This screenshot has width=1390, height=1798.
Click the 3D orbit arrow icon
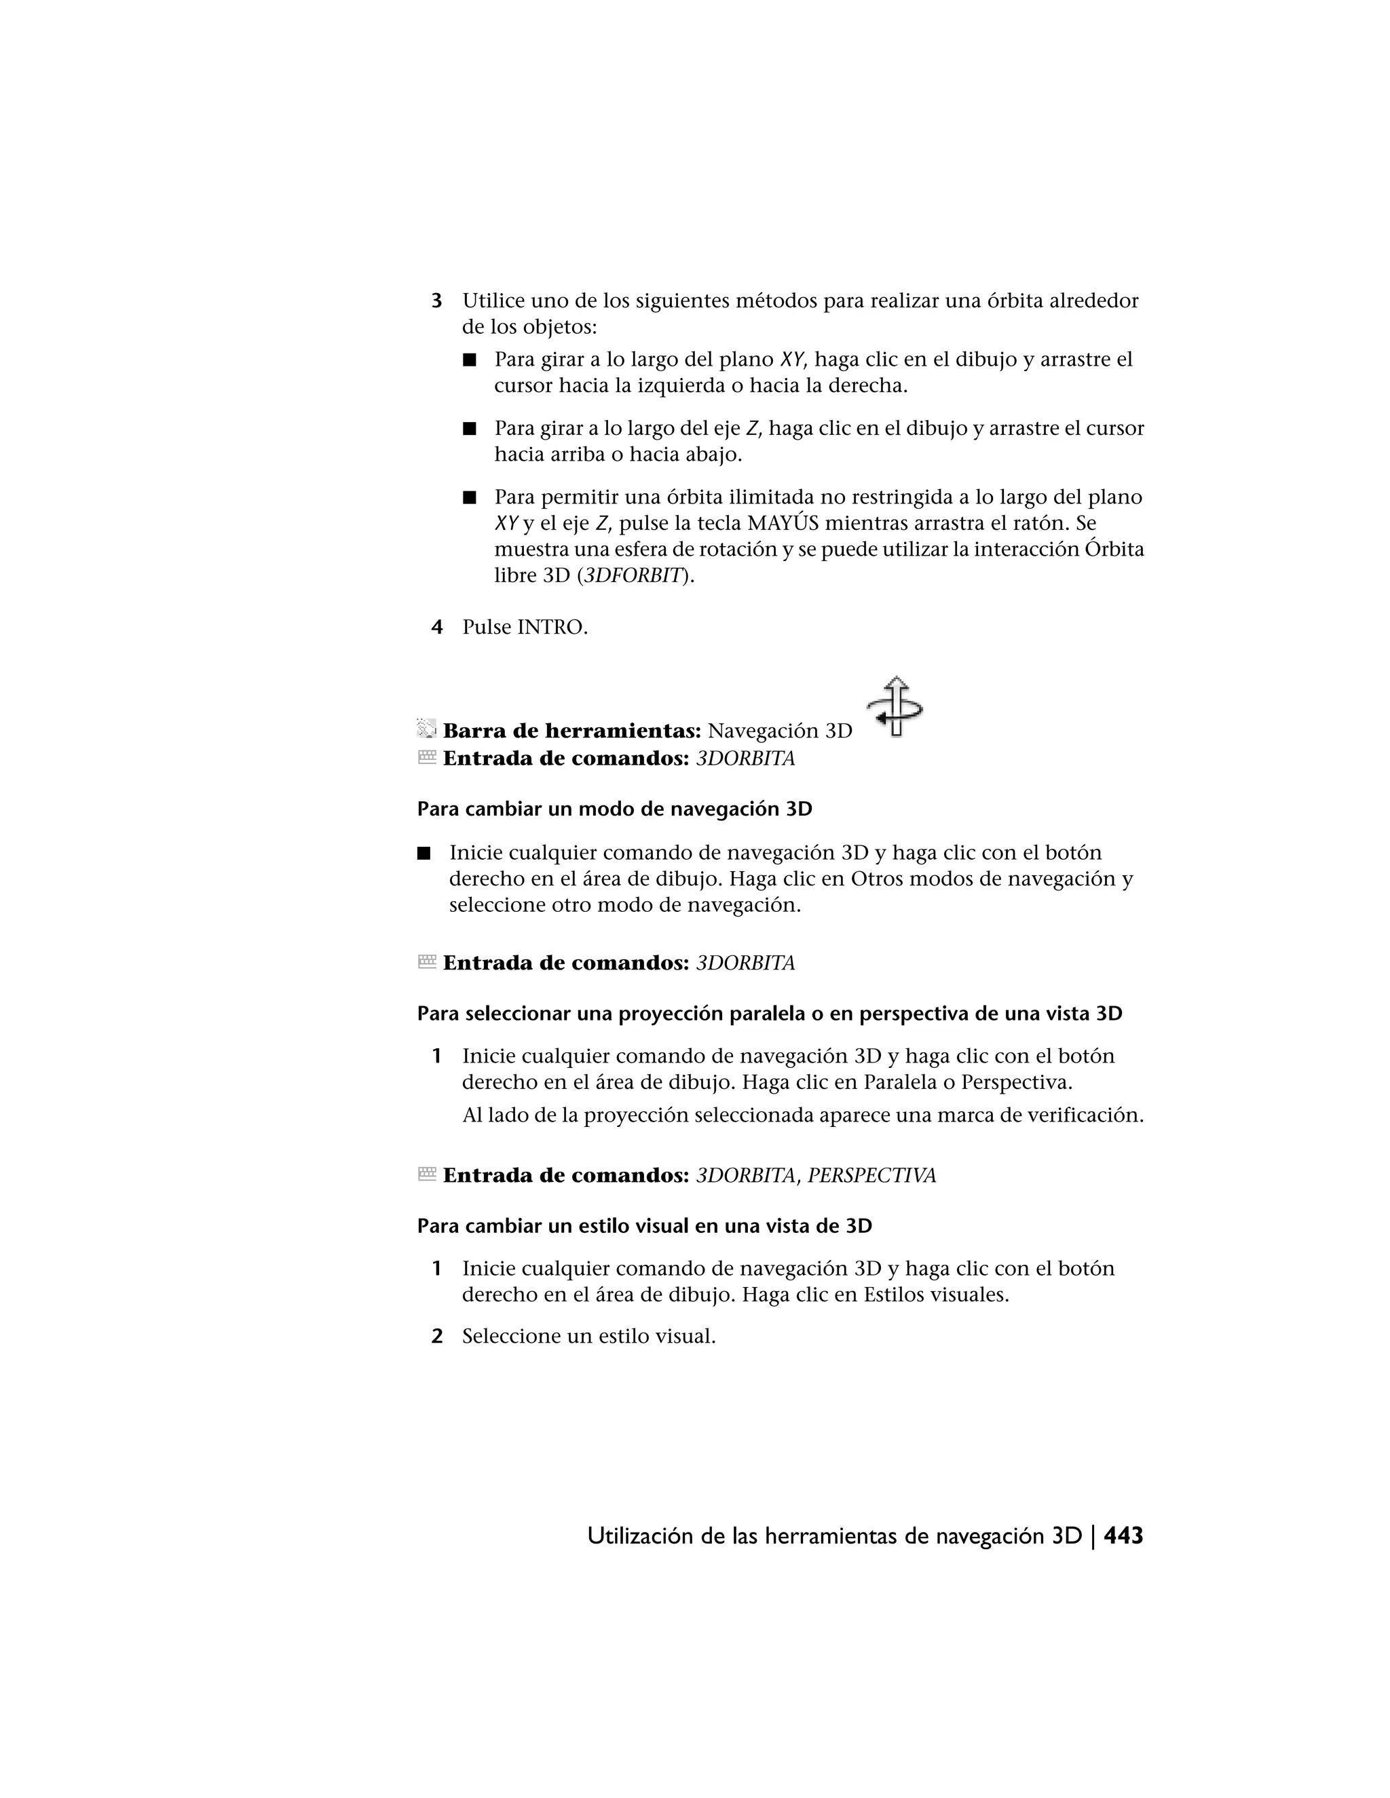pyautogui.click(x=895, y=706)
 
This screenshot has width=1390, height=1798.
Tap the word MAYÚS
pyautogui.click(x=783, y=524)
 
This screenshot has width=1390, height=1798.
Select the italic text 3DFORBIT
pyautogui.click(x=634, y=575)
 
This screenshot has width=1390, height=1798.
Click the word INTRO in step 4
pyautogui.click(x=551, y=628)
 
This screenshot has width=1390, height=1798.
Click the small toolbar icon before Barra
pyautogui.click(x=426, y=729)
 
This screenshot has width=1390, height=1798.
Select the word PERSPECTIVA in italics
pyautogui.click(x=871, y=1176)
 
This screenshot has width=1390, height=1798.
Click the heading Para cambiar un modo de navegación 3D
pyautogui.click(x=614, y=809)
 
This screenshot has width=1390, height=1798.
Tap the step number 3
pyautogui.click(x=437, y=301)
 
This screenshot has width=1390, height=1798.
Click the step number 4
pyautogui.click(x=437, y=628)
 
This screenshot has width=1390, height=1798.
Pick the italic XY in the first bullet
pyautogui.click(x=791, y=360)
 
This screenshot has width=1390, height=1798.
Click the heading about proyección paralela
pyautogui.click(x=769, y=1014)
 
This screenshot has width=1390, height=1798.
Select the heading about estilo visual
pyautogui.click(x=644, y=1226)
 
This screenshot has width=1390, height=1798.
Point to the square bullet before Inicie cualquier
pyautogui.click(x=424, y=854)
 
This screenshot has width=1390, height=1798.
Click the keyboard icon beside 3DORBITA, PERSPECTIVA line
pyautogui.click(x=426, y=1174)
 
